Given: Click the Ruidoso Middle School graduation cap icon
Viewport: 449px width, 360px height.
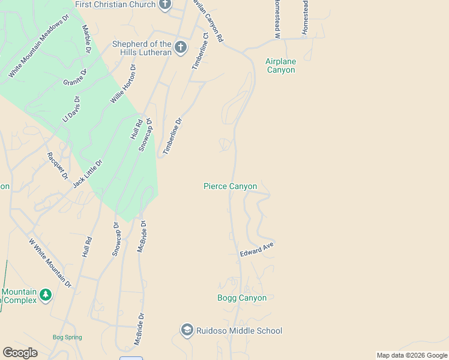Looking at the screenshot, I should [187, 331].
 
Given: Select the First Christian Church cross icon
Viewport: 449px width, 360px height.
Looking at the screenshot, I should [165, 5].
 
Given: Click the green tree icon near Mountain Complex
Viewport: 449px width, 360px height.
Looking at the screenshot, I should [46, 295].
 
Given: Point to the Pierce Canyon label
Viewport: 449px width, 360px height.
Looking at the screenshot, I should [230, 187].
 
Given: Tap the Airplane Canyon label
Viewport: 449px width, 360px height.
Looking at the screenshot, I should [280, 65].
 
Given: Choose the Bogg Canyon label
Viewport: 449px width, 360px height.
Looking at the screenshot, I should [242, 298].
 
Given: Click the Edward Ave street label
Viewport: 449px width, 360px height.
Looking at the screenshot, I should [257, 250].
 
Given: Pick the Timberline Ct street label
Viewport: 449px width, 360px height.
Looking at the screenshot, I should [199, 52].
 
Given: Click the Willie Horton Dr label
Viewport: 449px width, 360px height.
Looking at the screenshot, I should [124, 84].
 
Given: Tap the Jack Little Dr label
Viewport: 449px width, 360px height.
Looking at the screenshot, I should [88, 174].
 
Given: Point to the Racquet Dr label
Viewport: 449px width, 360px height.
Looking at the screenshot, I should [58, 166].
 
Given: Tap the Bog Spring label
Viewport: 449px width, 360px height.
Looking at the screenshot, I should [67, 337].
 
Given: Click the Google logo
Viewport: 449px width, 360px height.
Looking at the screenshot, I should [20, 353].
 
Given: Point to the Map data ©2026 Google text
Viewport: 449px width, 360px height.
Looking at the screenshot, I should [411, 355].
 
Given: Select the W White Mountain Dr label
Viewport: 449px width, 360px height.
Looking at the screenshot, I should [50, 263].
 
